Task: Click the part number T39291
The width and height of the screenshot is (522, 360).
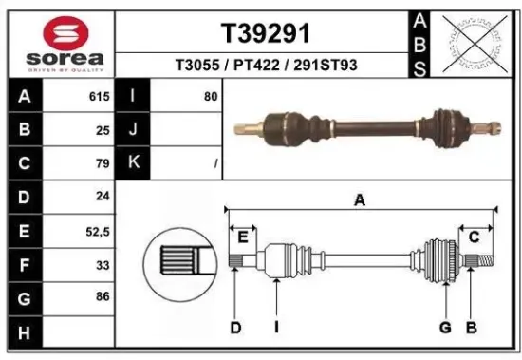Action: (x=265, y=33)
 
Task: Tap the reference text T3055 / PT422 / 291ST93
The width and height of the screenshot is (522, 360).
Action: (x=265, y=66)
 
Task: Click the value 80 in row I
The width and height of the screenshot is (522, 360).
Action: (x=210, y=97)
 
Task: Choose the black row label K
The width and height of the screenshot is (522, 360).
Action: (x=133, y=162)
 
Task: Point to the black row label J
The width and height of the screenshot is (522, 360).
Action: (x=133, y=130)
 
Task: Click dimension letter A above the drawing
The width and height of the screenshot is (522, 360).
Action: (x=360, y=199)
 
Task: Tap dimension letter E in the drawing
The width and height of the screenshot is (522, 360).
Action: (x=242, y=237)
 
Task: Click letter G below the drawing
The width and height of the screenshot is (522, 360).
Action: (x=443, y=328)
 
